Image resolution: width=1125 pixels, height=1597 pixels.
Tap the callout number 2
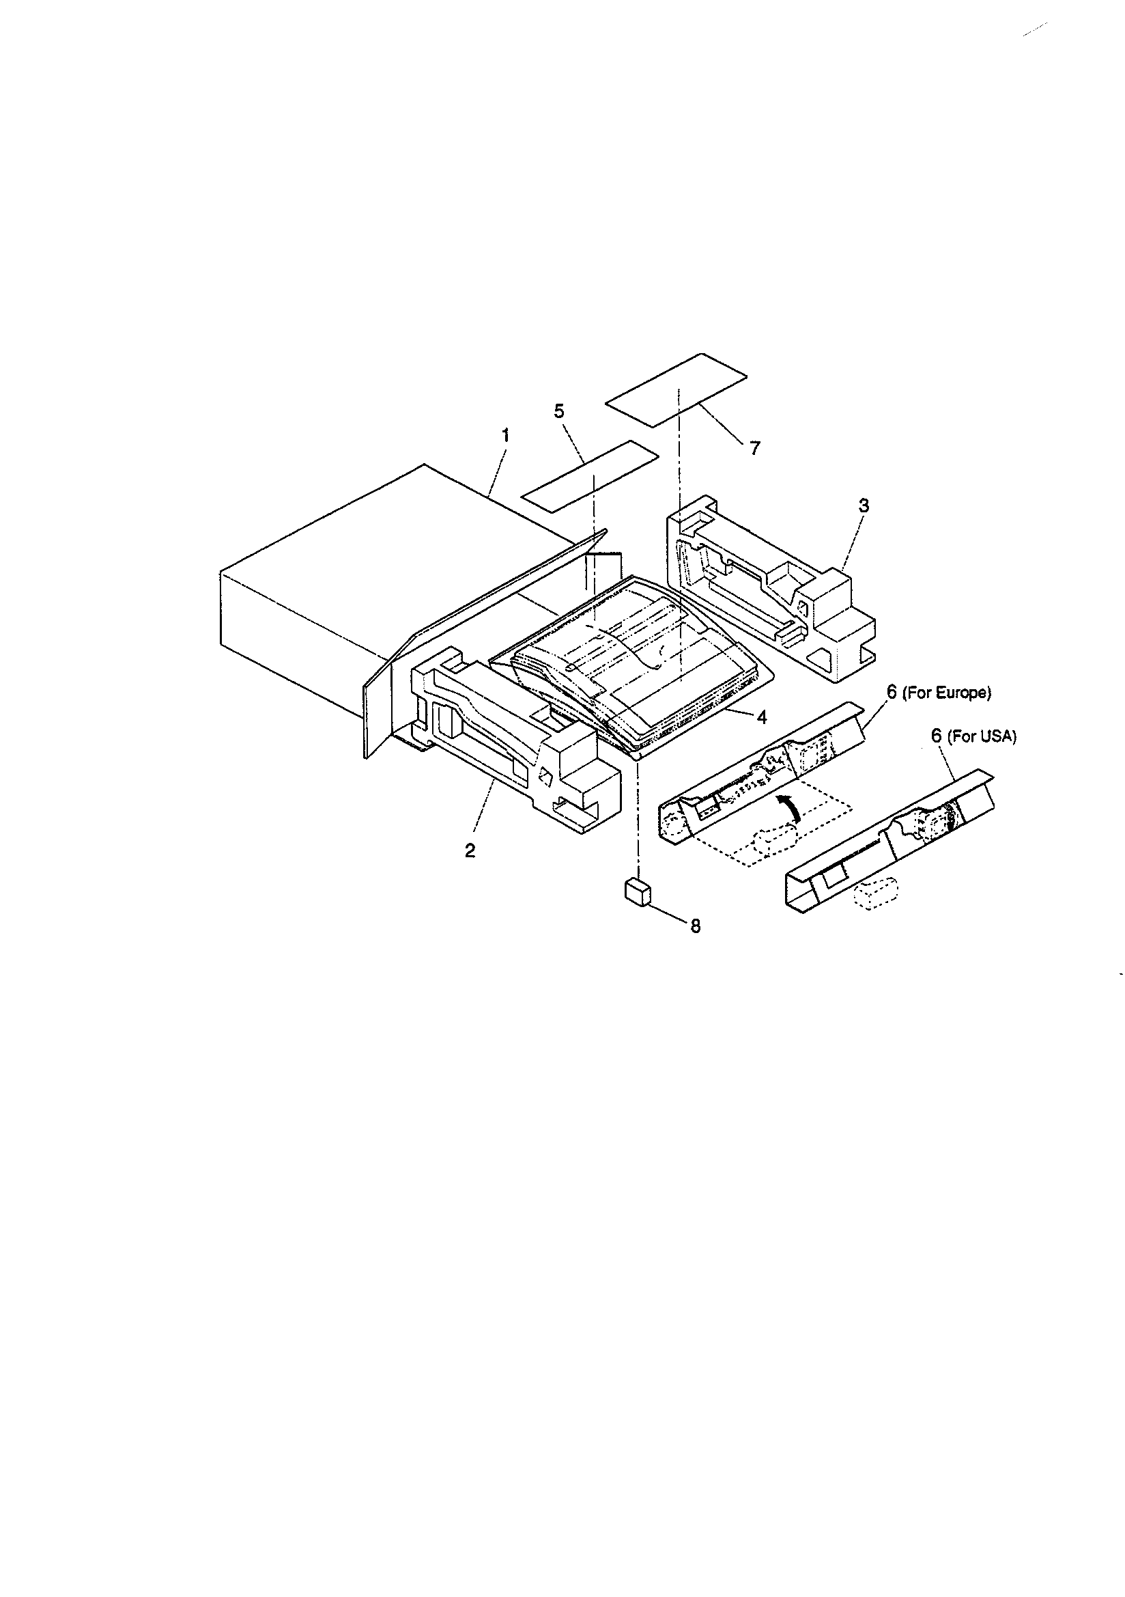click(470, 850)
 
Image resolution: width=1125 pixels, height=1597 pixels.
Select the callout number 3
click(863, 505)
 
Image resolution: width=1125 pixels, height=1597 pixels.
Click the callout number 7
click(755, 448)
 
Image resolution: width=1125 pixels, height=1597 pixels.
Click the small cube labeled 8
click(637, 891)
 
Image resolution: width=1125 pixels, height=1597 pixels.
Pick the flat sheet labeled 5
click(590, 477)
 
